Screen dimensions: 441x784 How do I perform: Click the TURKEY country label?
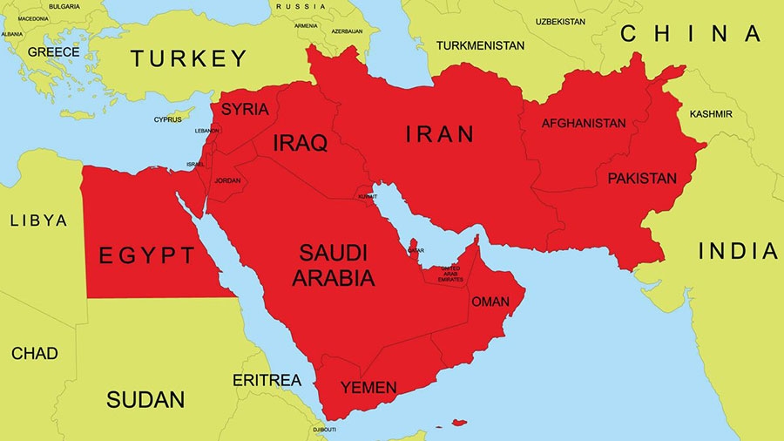(x=189, y=59)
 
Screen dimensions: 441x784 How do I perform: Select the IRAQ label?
(x=301, y=143)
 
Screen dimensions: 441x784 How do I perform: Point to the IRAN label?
(x=440, y=134)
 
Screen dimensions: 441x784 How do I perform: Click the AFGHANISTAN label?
(x=584, y=123)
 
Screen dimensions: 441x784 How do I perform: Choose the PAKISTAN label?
(x=642, y=178)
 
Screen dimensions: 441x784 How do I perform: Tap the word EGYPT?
(x=147, y=255)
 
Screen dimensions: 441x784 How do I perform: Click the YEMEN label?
(x=368, y=387)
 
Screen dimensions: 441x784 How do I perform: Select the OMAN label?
(x=490, y=302)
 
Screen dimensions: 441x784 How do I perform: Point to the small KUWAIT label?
(x=367, y=197)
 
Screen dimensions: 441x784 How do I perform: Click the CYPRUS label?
(x=168, y=119)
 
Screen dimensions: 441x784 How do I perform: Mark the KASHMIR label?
(x=710, y=114)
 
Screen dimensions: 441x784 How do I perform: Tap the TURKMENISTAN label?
(x=481, y=45)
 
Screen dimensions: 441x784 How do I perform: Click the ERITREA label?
(x=267, y=380)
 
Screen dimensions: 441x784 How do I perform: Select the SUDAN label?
(x=145, y=400)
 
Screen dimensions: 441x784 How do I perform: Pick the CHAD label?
(x=35, y=353)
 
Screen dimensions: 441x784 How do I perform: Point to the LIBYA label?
(x=38, y=220)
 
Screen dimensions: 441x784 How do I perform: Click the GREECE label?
(x=53, y=52)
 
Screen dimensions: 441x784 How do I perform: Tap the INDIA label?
(x=737, y=252)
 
